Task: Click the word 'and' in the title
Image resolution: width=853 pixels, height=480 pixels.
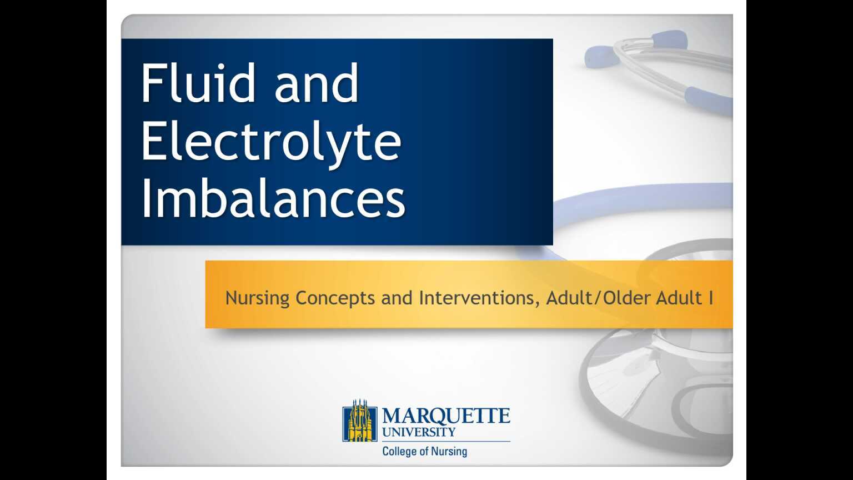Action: [x=317, y=83]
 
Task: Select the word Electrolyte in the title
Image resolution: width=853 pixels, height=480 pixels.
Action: [x=270, y=142]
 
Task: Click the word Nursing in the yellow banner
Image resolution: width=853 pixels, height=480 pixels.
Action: [x=257, y=298]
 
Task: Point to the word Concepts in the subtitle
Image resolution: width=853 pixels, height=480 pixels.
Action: [x=335, y=298]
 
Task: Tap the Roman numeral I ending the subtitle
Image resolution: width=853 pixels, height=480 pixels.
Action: [x=711, y=298]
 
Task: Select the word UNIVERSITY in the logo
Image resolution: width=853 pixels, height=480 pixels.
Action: [x=419, y=432]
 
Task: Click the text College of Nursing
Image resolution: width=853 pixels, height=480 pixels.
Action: [x=424, y=451]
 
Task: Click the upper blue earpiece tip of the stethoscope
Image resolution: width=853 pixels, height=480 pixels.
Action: [x=669, y=39]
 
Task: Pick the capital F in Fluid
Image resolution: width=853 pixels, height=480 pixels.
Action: [x=152, y=83]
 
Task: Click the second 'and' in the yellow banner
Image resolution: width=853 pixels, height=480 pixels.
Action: [x=397, y=298]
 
